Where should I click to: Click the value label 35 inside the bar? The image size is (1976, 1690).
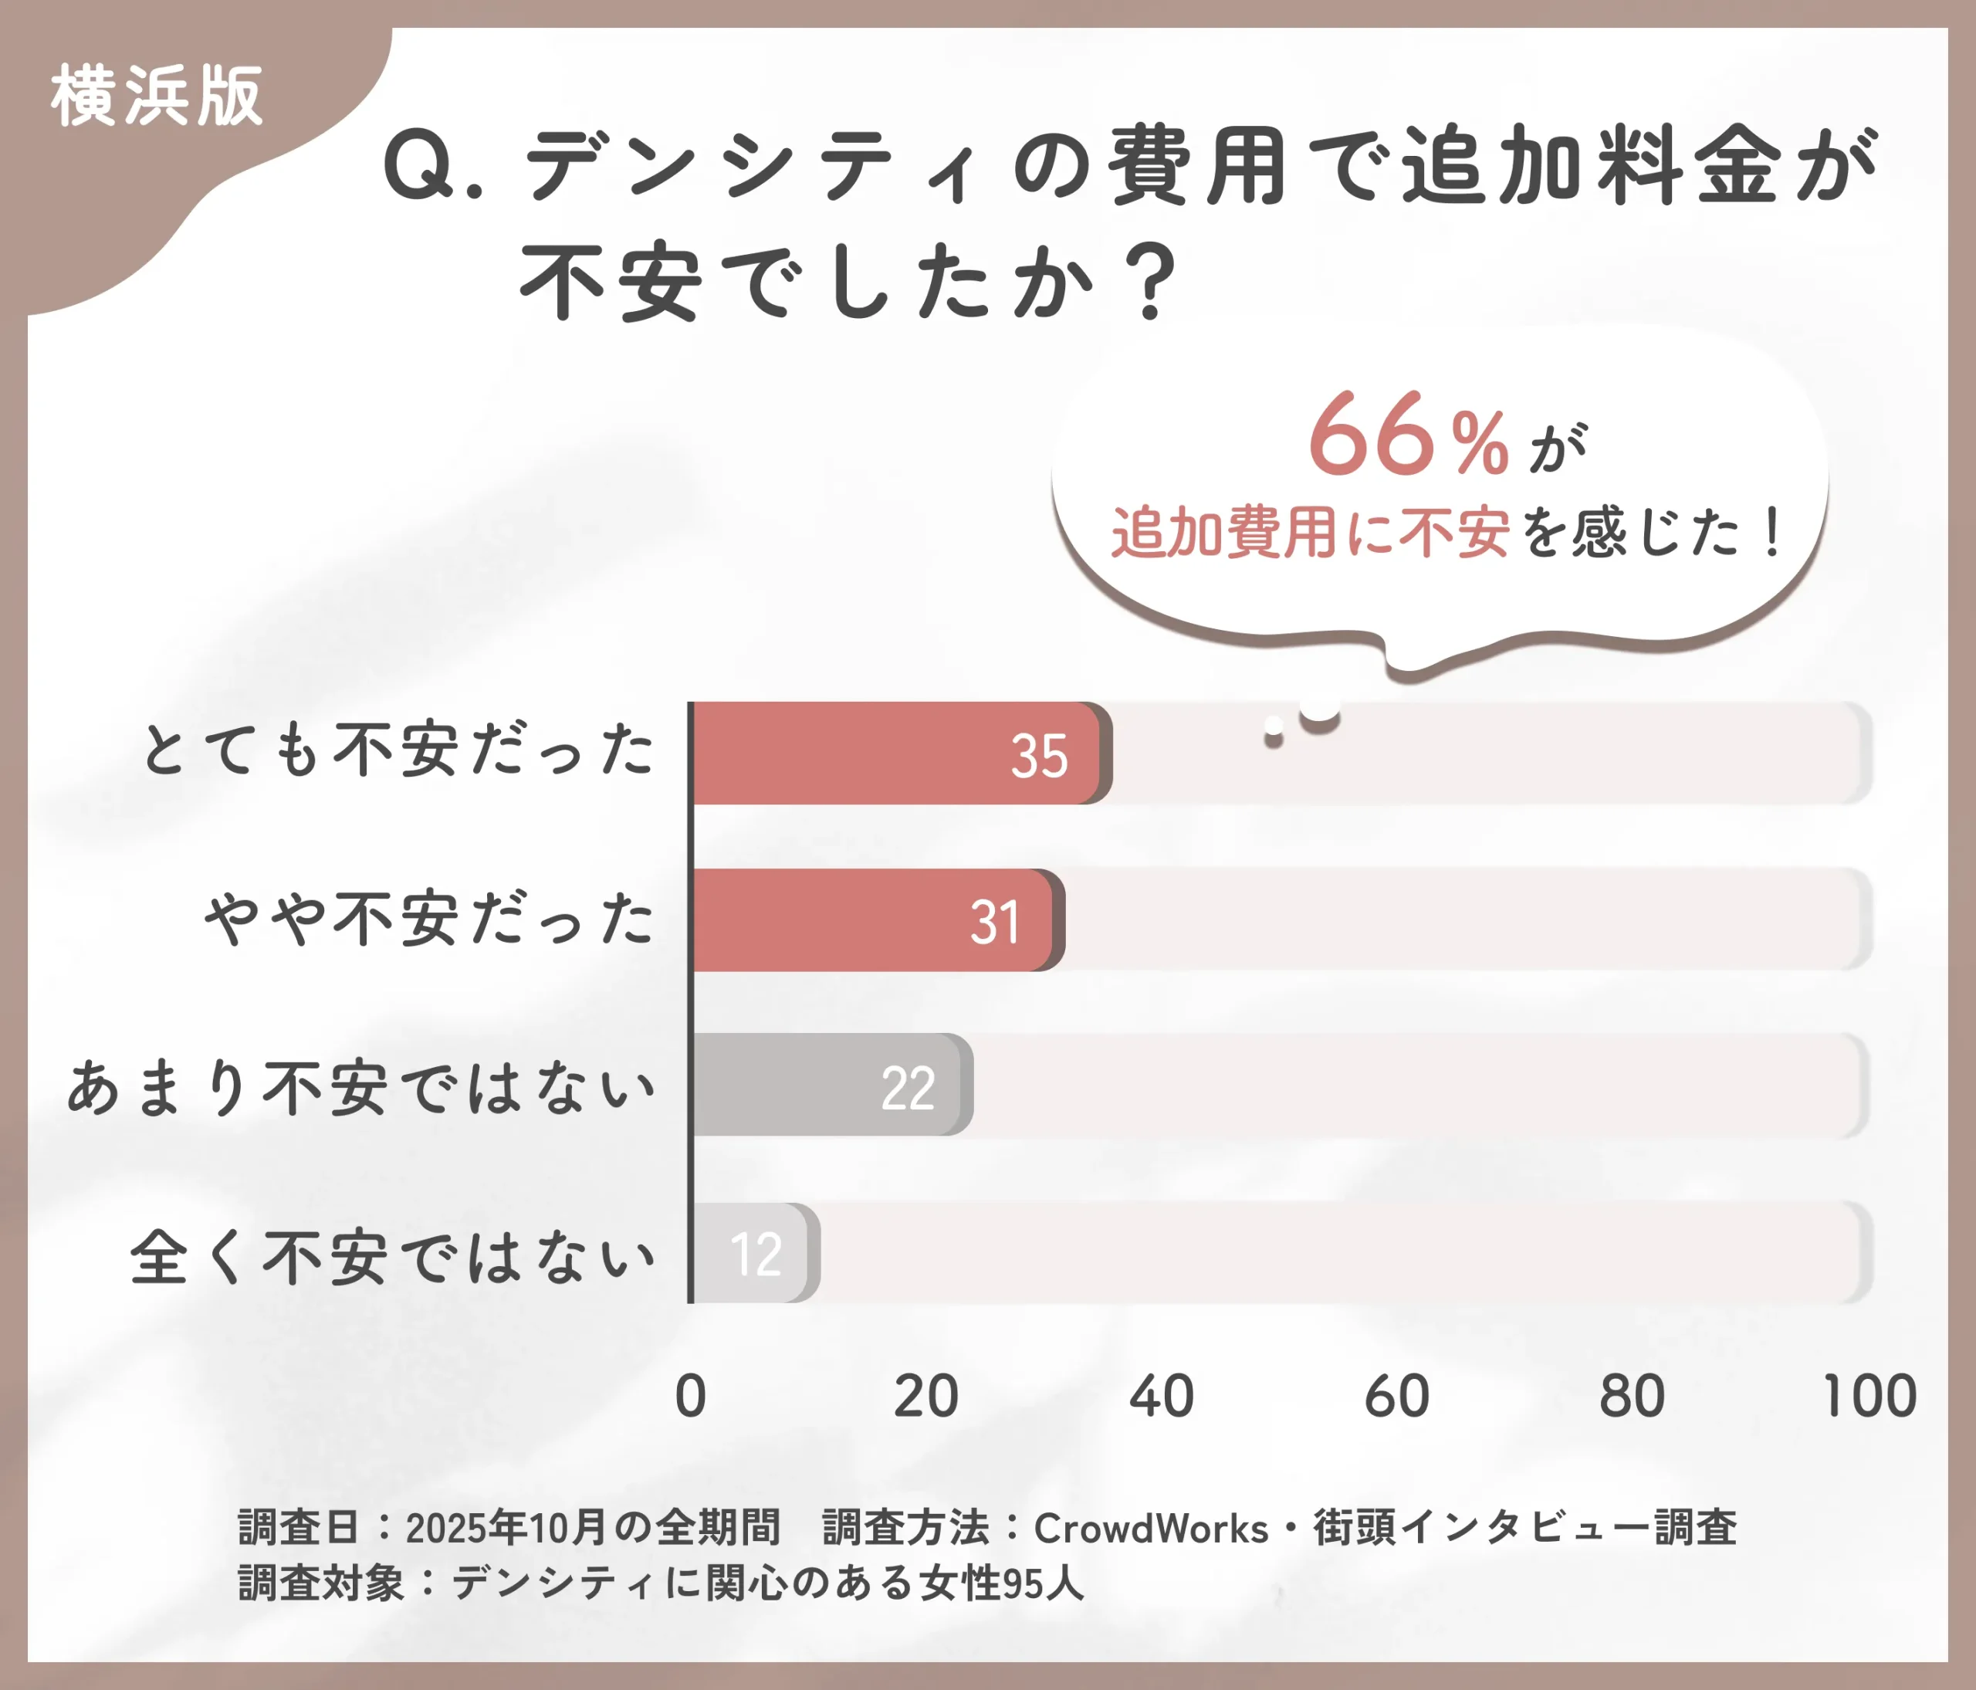coord(1040,757)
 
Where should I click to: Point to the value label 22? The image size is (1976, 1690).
coord(908,1089)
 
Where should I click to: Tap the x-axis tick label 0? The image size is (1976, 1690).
coord(691,1397)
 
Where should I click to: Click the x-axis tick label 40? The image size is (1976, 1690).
coord(1162,1397)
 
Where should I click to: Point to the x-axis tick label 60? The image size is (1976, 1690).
coord(1397,1397)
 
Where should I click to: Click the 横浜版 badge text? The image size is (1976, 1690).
coord(157,97)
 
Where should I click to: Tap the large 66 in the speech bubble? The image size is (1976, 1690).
coord(1372,436)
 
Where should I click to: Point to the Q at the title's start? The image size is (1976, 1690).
coord(418,168)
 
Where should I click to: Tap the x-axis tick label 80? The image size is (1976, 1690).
coord(1632,1397)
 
